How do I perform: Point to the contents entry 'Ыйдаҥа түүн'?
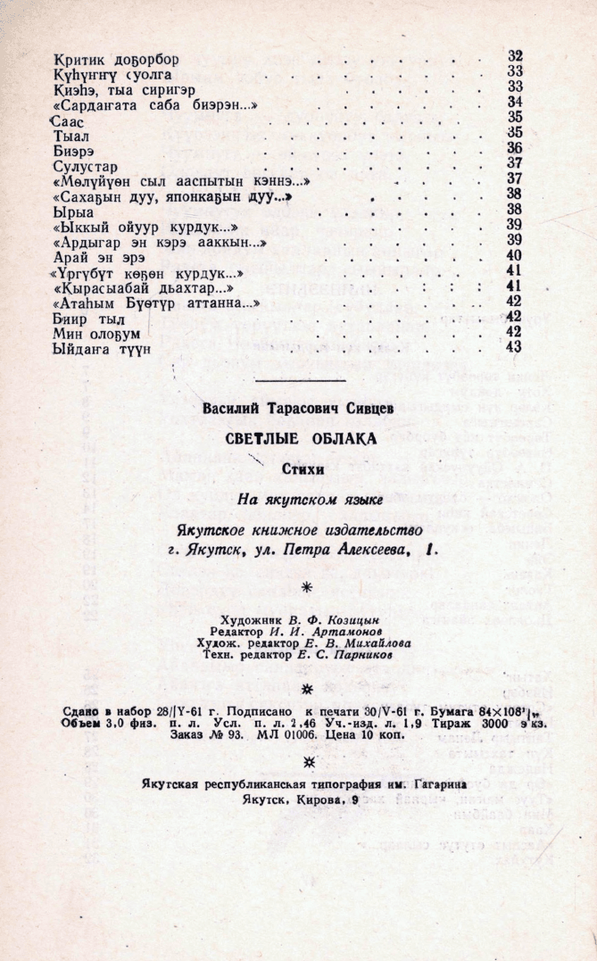103,347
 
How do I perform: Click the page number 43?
513,346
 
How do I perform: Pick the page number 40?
513,255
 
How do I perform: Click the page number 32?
514,56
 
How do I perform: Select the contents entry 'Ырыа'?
73,210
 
